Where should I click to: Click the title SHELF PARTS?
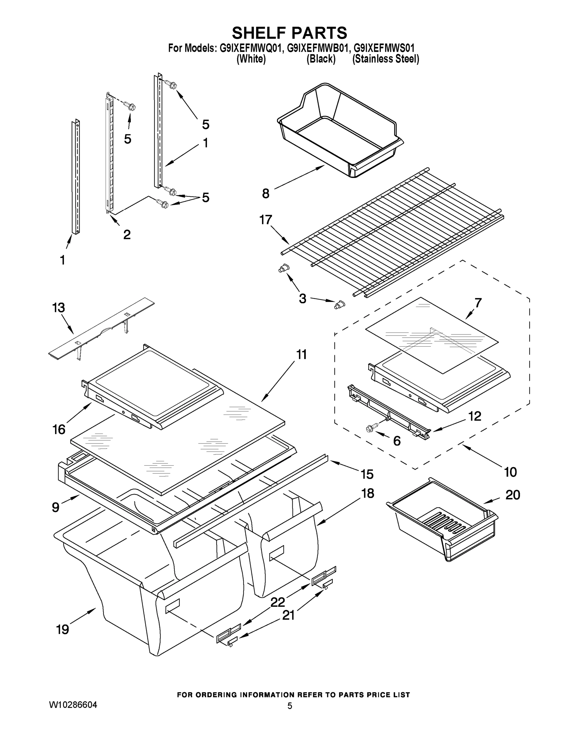(289, 33)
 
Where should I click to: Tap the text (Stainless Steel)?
(385, 59)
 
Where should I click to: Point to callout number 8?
(266, 194)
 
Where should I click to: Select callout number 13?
(59, 308)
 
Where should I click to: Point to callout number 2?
(127, 235)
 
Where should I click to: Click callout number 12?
(475, 416)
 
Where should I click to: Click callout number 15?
(367, 474)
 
